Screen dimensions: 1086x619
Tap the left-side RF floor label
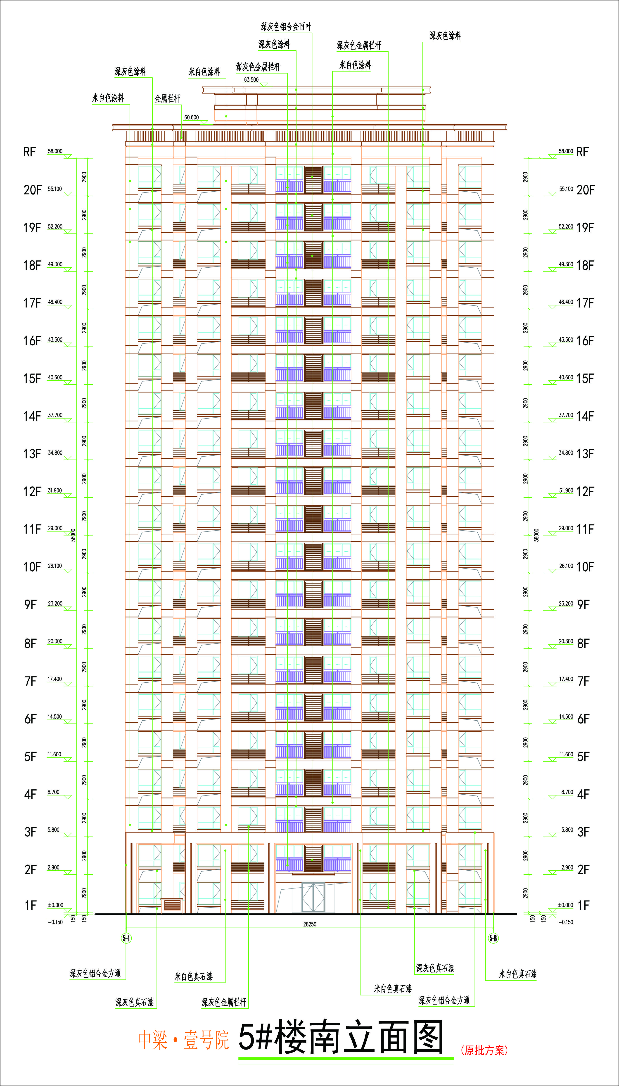pos(29,152)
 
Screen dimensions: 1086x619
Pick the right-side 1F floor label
pos(583,906)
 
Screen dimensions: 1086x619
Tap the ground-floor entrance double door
pos(313,897)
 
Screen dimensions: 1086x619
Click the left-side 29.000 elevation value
pos(55,528)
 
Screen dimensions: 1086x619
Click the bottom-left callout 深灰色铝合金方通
pos(95,973)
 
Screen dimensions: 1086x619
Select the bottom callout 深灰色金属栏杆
pos(224,1002)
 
